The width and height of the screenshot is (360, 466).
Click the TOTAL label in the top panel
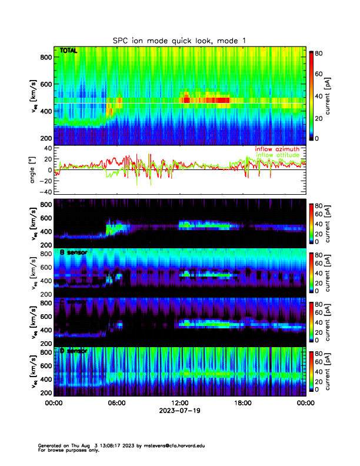(x=68, y=51)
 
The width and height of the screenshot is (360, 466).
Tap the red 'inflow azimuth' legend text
(x=277, y=149)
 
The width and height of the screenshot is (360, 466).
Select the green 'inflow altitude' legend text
(x=278, y=155)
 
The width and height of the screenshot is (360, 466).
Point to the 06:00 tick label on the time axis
(x=116, y=404)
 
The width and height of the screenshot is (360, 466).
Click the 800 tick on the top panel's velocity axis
(x=45, y=57)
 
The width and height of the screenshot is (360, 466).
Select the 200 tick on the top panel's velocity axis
(x=45, y=138)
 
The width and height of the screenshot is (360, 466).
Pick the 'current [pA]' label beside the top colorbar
(x=336, y=95)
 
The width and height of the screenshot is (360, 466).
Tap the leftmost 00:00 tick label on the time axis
(x=54, y=404)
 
